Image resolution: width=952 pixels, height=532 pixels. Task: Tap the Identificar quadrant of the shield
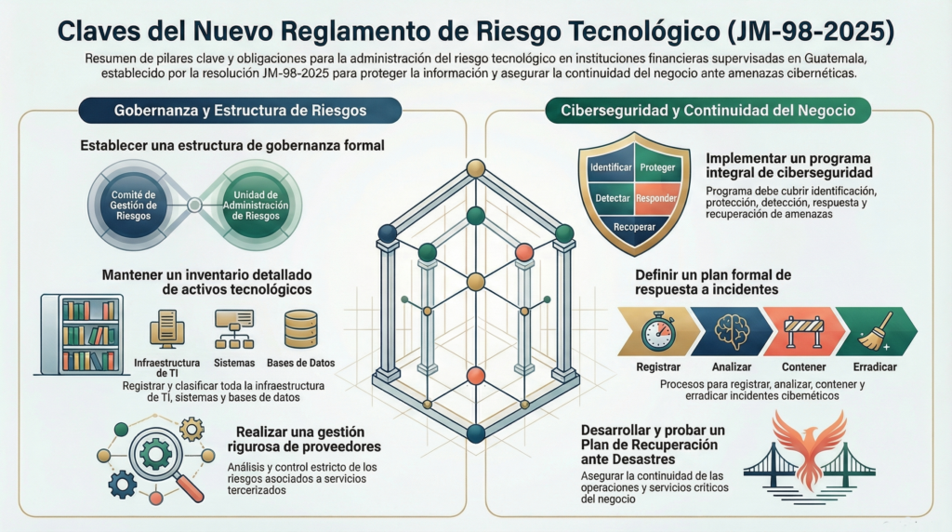[x=611, y=167]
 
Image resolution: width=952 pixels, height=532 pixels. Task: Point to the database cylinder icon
[x=301, y=327]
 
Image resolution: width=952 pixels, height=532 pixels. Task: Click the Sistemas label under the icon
[x=233, y=363]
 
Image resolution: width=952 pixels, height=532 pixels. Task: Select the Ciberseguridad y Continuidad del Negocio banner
[x=707, y=110]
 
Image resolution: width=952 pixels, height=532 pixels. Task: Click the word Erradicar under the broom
[x=875, y=366]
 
